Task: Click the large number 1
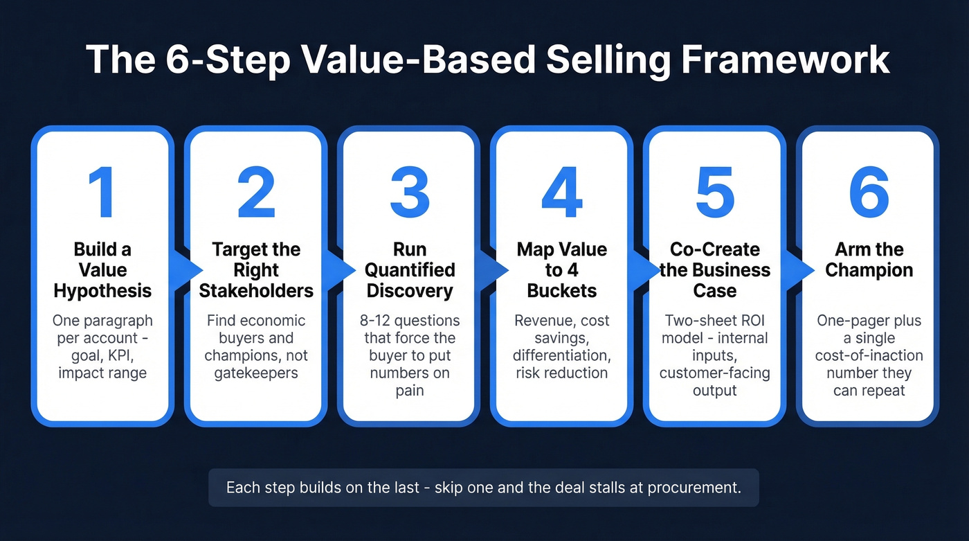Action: pyautogui.click(x=102, y=193)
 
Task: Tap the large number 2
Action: pyautogui.click(x=256, y=193)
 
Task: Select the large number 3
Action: pyautogui.click(x=410, y=193)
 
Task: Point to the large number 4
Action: pyautogui.click(x=562, y=193)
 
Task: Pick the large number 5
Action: pyautogui.click(x=715, y=193)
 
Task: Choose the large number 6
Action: pyautogui.click(x=869, y=193)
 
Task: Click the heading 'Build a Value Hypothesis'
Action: pyautogui.click(x=102, y=269)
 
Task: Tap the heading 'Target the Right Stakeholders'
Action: pyautogui.click(x=256, y=269)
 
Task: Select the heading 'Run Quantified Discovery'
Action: pyautogui.click(x=410, y=269)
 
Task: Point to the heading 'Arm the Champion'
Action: pyautogui.click(x=869, y=260)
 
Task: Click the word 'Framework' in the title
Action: pyautogui.click(x=786, y=60)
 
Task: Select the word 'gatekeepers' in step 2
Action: pyautogui.click(x=256, y=373)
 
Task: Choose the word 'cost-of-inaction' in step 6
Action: pyautogui.click(x=869, y=356)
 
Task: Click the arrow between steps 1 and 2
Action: pyautogui.click(x=182, y=270)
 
